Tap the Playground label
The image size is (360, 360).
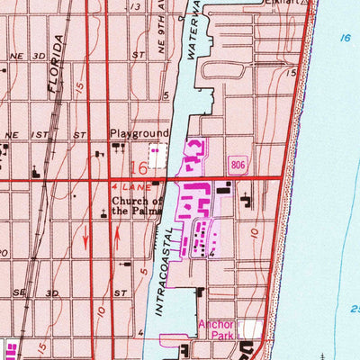tap(139, 132)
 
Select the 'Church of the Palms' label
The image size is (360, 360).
tap(138, 206)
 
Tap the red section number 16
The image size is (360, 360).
tap(139, 168)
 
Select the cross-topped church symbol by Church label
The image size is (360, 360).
tap(104, 212)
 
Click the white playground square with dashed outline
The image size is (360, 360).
tap(158, 155)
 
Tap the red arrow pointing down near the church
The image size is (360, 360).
tap(86, 240)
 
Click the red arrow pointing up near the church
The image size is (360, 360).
tap(119, 241)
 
